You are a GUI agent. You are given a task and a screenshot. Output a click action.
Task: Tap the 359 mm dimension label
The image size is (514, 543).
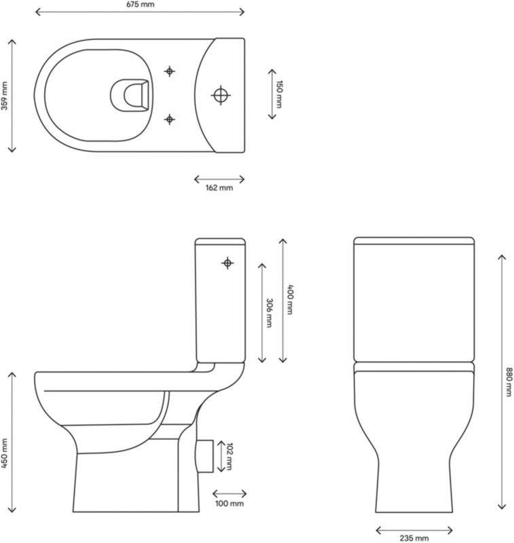tap(5, 96)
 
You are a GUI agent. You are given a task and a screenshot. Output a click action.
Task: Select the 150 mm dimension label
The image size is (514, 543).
tap(278, 94)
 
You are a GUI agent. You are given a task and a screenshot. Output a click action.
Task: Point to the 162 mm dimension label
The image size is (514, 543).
tap(219, 188)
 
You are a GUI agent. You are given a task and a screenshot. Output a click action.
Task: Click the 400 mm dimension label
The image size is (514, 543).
tap(290, 299)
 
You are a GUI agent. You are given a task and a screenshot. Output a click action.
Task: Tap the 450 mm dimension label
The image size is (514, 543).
tap(5, 453)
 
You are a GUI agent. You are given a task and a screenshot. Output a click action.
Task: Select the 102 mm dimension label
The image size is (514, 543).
tap(230, 456)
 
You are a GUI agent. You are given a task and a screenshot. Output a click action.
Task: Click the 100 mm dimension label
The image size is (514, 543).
tap(230, 504)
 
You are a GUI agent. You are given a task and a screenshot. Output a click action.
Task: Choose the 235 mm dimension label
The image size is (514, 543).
tap(414, 538)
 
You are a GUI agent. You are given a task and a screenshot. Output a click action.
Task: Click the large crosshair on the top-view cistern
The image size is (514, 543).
tap(221, 95)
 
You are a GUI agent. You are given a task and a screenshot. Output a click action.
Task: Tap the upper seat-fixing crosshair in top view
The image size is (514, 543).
tap(170, 71)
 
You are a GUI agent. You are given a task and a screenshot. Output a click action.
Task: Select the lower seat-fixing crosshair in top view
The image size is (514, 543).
tap(170, 119)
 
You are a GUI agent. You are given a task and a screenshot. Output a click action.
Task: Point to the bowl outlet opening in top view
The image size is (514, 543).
tap(131, 95)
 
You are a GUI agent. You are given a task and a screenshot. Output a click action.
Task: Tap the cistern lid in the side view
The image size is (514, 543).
tap(219, 241)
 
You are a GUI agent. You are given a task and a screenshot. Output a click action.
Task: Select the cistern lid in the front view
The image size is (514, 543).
tap(414, 241)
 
